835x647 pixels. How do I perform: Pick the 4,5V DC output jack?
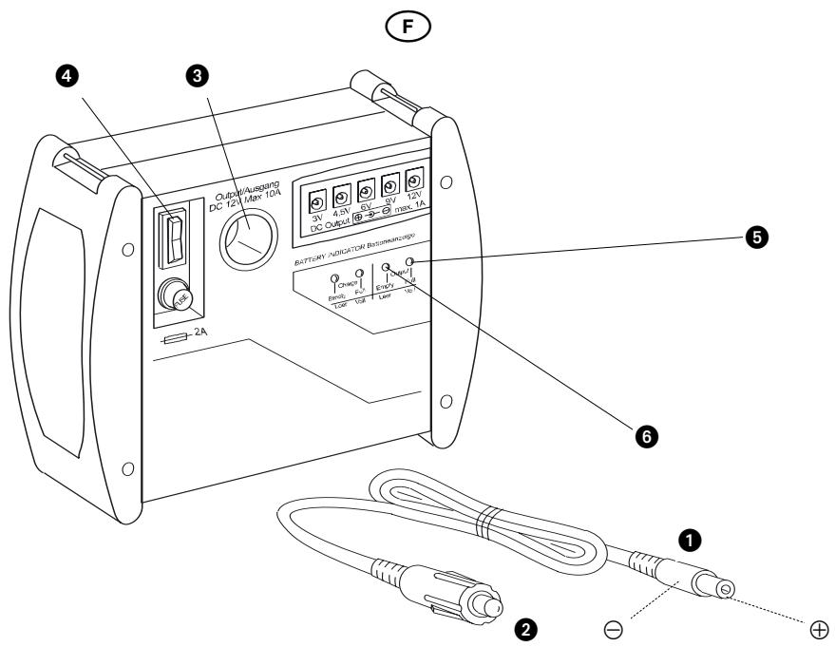pos(340,195)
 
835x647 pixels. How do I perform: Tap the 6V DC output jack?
pos(365,189)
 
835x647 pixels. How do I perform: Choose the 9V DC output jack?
pos(389,183)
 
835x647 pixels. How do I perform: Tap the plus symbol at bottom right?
pos(819,628)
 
